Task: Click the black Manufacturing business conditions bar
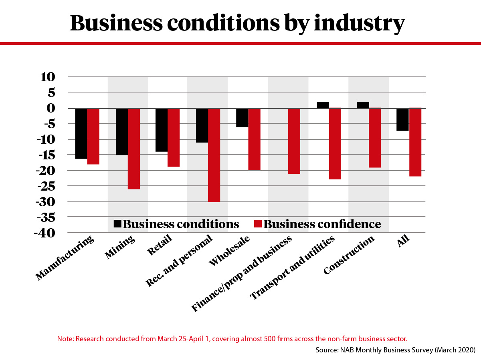(81, 133)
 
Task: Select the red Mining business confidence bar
(134, 149)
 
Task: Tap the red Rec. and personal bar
(214, 155)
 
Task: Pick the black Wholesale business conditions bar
(242, 118)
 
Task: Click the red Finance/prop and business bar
(294, 141)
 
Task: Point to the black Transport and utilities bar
(323, 105)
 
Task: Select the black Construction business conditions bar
(363, 105)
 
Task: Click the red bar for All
(415, 142)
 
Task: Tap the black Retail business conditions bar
(162, 130)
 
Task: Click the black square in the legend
(118, 224)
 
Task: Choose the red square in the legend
(258, 224)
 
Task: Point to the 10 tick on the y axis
(50, 77)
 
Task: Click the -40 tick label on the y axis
(47, 233)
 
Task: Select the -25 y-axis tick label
(47, 186)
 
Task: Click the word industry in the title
(359, 23)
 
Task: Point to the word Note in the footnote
(65, 339)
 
